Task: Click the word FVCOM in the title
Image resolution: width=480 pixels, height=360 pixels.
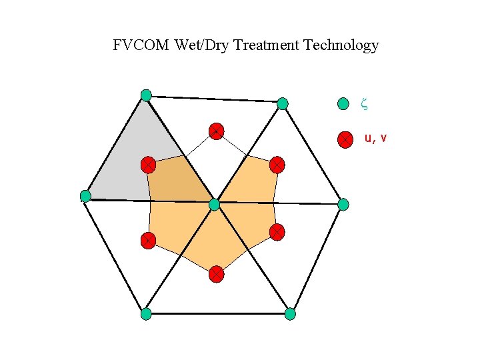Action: click(141, 45)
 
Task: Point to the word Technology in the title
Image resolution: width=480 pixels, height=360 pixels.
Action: click(341, 45)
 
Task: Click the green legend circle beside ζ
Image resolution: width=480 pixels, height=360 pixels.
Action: click(343, 103)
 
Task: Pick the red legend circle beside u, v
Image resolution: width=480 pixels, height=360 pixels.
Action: click(345, 139)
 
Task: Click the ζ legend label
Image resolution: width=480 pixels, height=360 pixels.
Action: click(364, 103)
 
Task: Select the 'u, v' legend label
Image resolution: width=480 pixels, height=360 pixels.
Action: click(375, 139)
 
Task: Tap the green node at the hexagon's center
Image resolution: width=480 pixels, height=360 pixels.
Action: click(214, 205)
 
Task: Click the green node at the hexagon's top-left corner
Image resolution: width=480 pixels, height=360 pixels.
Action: click(146, 95)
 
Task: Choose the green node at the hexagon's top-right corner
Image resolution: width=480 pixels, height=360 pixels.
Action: click(283, 103)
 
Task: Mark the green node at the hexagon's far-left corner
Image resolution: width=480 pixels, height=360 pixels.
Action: click(85, 196)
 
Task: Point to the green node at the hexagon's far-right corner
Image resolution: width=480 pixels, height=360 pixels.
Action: click(343, 205)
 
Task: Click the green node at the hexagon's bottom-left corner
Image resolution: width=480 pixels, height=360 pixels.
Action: click(146, 313)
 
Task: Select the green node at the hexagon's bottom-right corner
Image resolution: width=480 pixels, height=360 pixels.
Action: click(290, 313)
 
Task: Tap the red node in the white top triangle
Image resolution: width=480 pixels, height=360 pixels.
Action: click(215, 131)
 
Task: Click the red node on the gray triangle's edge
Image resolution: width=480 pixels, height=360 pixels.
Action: click(148, 164)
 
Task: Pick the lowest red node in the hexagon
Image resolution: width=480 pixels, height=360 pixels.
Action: click(216, 273)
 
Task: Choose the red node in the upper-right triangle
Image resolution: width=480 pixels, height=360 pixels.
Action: click(277, 163)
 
